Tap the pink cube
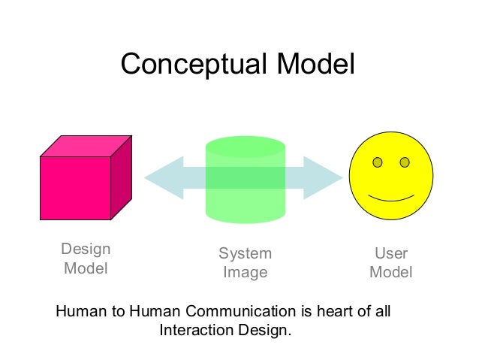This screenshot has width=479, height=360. click(x=75, y=187)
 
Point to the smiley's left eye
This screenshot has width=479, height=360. click(x=378, y=162)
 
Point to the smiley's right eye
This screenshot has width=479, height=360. click(x=405, y=162)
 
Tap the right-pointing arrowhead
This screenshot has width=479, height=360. click(x=323, y=178)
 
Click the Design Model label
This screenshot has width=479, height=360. click(x=86, y=259)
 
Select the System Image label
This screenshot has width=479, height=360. click(x=246, y=263)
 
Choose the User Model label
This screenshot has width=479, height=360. click(x=391, y=263)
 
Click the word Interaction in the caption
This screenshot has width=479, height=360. click(x=198, y=330)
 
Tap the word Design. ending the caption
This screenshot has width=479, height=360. click(x=264, y=330)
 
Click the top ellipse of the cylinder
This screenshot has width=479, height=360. click(x=246, y=146)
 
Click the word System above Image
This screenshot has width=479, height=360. click(x=246, y=254)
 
